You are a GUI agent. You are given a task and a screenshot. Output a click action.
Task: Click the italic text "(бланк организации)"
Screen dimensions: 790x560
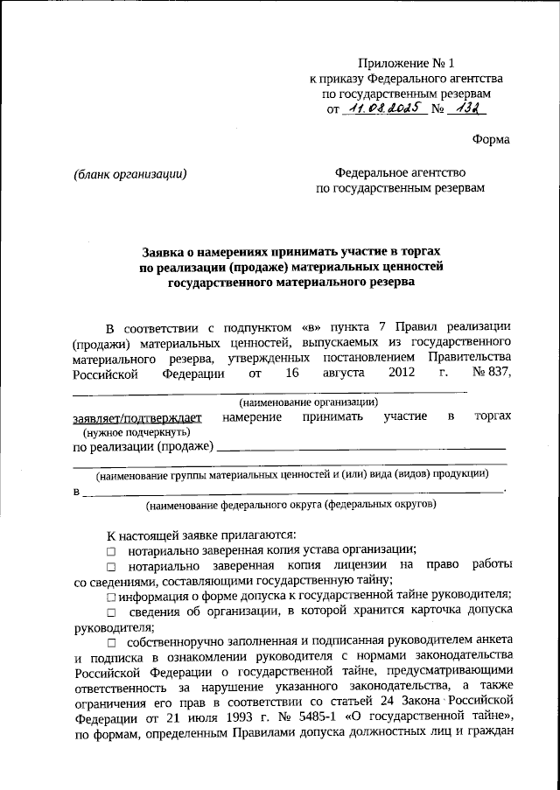131,173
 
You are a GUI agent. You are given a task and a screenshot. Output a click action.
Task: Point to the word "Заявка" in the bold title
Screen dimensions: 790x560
166,250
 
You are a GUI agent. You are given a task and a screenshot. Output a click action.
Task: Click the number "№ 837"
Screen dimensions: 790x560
491,374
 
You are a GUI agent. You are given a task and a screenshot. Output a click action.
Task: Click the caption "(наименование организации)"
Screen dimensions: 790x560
309,402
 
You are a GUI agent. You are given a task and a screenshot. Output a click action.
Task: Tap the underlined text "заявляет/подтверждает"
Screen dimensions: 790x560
137,417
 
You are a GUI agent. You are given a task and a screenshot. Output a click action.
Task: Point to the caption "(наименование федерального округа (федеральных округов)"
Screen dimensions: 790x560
290,505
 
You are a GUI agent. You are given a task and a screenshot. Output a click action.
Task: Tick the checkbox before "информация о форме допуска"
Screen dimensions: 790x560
111,597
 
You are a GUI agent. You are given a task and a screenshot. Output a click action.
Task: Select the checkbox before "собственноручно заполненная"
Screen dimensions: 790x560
111,643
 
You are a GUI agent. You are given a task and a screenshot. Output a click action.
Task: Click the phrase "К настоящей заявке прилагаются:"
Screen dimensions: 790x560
201,535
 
